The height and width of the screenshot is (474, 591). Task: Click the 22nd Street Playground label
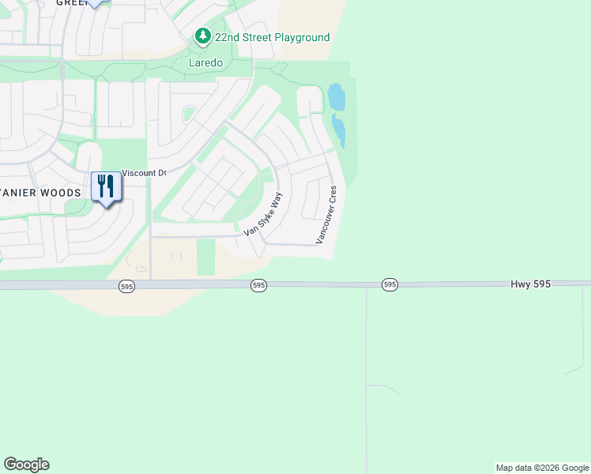(x=272, y=37)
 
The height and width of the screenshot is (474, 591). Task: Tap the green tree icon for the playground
(x=203, y=36)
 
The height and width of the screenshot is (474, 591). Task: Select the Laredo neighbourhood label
(x=205, y=62)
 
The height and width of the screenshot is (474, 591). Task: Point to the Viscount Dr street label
(x=144, y=173)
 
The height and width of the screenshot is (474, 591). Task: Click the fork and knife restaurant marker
(x=106, y=187)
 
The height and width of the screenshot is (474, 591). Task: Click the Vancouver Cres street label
(x=327, y=214)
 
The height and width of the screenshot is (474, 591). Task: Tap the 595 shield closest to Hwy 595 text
(x=389, y=284)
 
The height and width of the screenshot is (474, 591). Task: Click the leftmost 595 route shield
(x=126, y=286)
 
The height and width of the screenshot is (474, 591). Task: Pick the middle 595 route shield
(x=258, y=284)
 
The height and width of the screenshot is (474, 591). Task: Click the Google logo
(x=26, y=465)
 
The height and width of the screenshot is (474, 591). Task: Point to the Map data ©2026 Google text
(x=541, y=468)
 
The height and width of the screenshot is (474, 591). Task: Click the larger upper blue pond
(x=337, y=98)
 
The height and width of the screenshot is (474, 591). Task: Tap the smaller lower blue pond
(x=340, y=130)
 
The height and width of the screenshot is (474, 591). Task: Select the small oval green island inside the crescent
(x=189, y=115)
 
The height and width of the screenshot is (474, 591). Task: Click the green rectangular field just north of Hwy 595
(x=205, y=257)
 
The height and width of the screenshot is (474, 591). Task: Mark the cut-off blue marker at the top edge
(x=95, y=3)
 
